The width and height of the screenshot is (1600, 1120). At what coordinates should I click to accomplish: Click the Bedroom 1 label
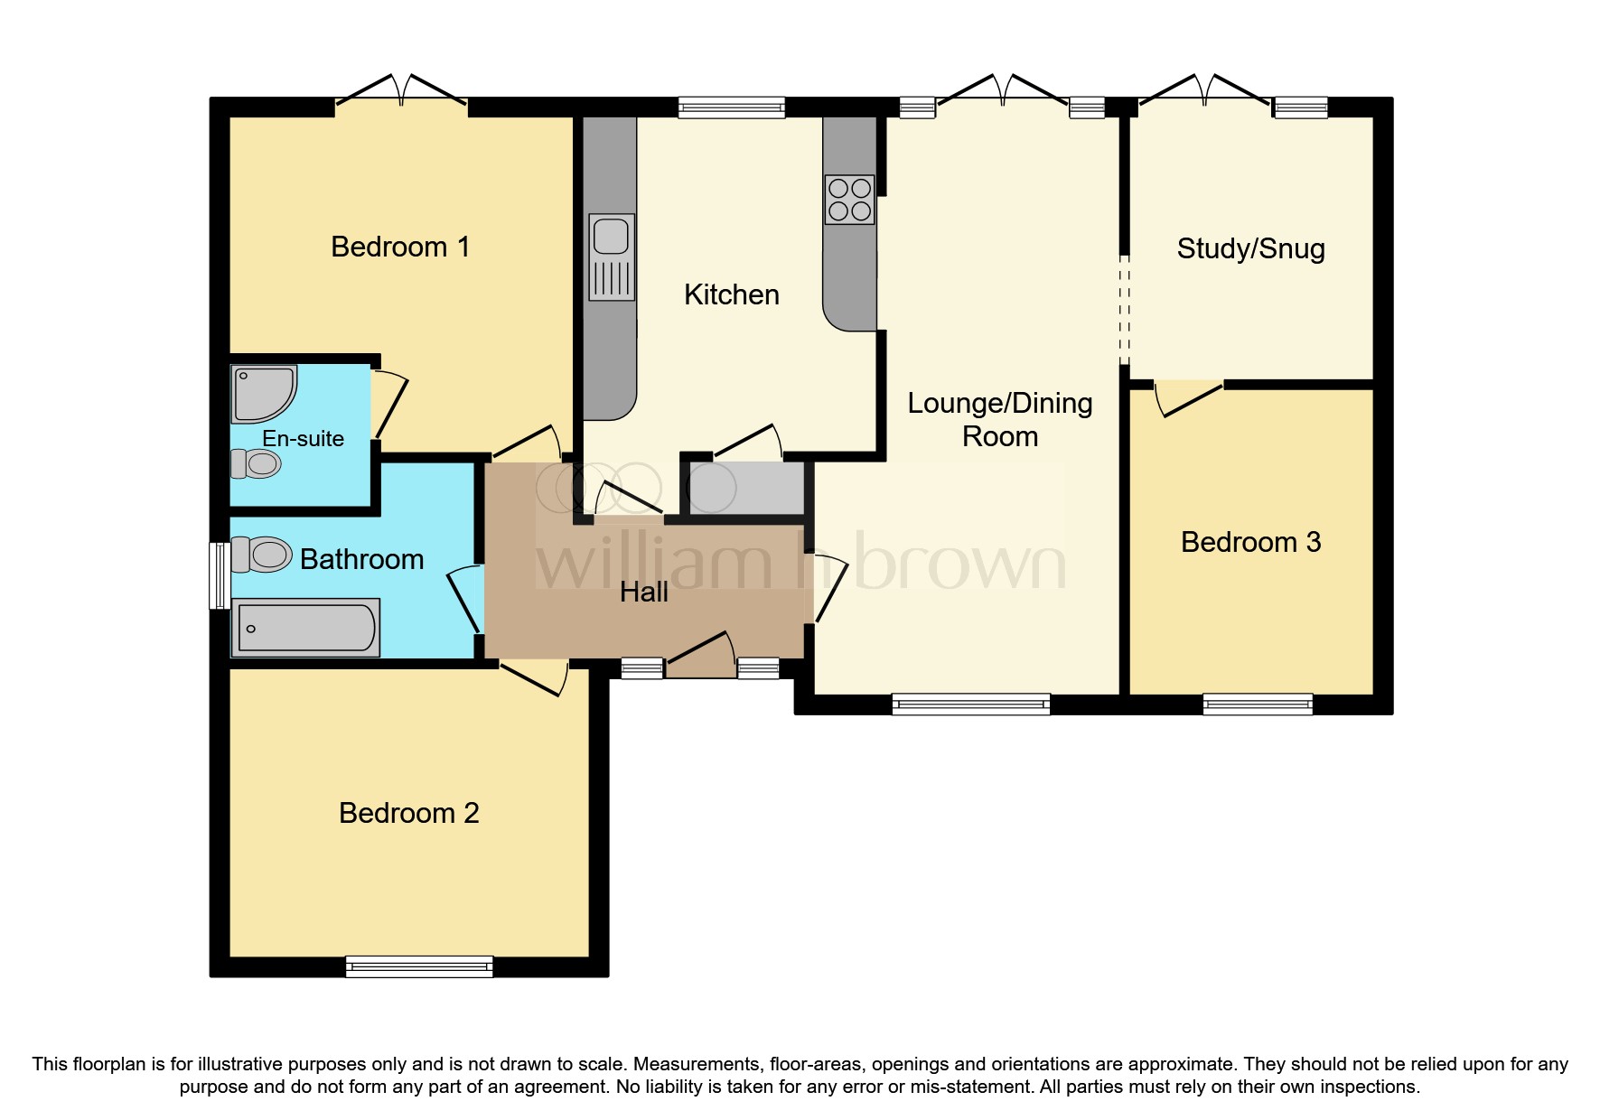tap(400, 247)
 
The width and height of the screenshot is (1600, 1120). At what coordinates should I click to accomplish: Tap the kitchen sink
tap(612, 257)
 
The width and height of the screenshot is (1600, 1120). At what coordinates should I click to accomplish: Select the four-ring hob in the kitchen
tap(849, 200)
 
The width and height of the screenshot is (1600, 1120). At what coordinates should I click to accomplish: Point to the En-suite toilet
tap(257, 464)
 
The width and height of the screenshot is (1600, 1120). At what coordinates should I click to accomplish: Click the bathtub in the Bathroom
tap(305, 628)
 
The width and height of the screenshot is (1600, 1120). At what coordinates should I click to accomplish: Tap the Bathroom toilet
tap(261, 555)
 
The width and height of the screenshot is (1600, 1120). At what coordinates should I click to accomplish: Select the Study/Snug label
tap(1250, 248)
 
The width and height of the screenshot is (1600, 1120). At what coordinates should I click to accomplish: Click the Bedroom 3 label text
tap(1250, 542)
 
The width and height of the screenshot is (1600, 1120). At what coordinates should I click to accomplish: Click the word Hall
tap(644, 593)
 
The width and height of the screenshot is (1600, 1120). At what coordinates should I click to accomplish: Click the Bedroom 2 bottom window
tap(419, 966)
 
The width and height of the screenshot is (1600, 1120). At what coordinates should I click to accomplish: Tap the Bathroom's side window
tap(219, 575)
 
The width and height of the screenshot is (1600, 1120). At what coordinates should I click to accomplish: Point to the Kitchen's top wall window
tap(732, 107)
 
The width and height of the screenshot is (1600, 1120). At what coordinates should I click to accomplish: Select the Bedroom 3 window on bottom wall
tap(1258, 704)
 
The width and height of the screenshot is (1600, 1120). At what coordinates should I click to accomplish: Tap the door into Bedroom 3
tap(1189, 398)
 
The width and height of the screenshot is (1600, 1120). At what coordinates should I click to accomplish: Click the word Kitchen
tap(731, 294)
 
